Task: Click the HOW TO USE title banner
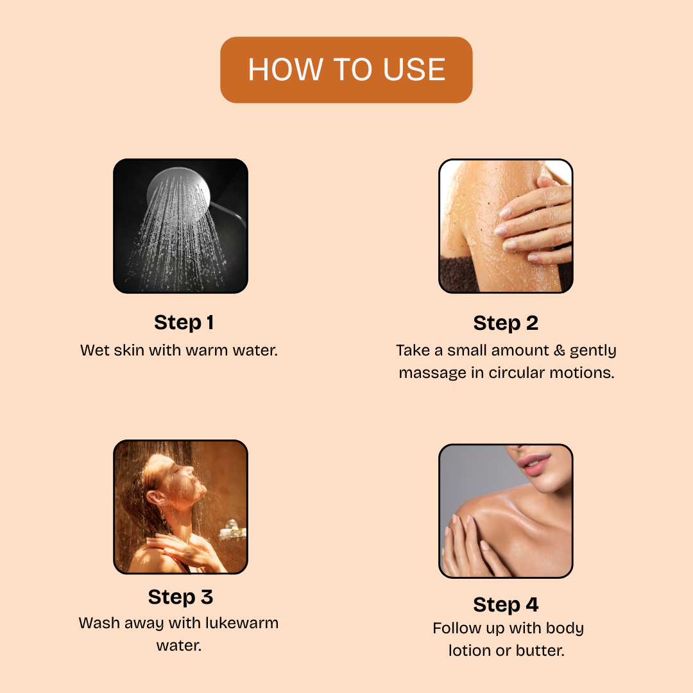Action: click(x=346, y=70)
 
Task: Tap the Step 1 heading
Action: click(x=184, y=323)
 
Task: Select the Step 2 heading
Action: click(x=506, y=323)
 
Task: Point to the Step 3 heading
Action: click(x=180, y=597)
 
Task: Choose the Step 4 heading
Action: click(x=506, y=605)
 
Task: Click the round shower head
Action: click(x=178, y=194)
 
